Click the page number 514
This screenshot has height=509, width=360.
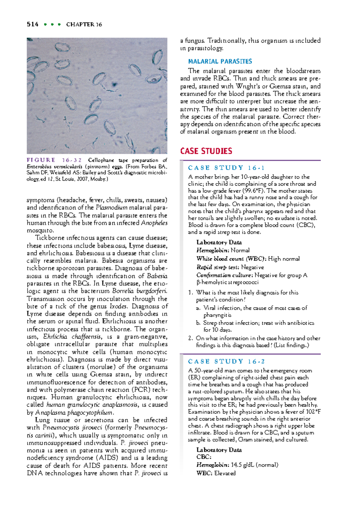(32, 24)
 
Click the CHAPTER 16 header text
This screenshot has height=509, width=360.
(84, 25)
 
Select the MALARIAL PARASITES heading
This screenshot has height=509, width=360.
(220, 61)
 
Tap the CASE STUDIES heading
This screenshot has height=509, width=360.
(206, 151)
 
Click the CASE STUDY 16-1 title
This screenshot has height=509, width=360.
(226, 168)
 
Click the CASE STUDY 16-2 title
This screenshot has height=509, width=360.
(226, 361)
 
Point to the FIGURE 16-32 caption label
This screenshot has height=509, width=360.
(54, 160)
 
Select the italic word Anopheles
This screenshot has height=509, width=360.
(154, 223)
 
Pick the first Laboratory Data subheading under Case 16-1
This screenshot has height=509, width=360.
(219, 242)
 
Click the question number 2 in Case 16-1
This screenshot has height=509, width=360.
(190, 338)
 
